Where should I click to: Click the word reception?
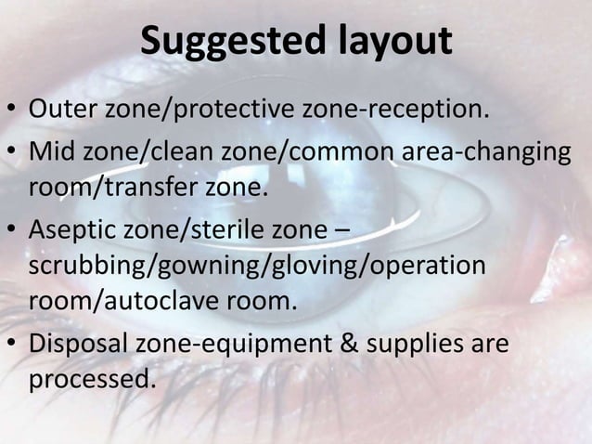[424, 112]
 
